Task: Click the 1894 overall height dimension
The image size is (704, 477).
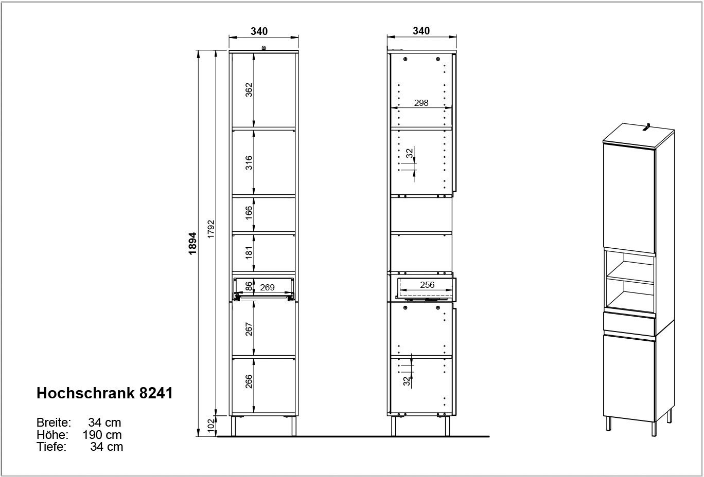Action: tap(192, 243)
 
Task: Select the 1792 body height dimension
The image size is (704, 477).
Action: tap(211, 229)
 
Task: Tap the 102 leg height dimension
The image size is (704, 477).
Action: tap(211, 426)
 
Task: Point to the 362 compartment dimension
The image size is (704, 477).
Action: tap(249, 90)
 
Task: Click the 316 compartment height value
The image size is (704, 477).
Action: tap(249, 163)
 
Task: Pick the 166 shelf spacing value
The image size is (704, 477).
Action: tap(249, 213)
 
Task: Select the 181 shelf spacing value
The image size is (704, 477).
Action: tap(249, 252)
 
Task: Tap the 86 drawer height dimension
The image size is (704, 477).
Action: tap(249, 286)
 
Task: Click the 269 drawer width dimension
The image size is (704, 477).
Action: tap(267, 287)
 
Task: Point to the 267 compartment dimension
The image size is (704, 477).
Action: tap(249, 329)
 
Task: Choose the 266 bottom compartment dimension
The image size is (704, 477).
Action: tap(249, 381)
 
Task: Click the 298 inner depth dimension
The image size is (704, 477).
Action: tap(421, 103)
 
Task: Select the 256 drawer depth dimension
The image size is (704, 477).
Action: tap(427, 285)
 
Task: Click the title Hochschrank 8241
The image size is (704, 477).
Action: tap(104, 393)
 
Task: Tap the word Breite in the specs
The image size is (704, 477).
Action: tap(54, 423)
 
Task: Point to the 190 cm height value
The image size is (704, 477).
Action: tap(102, 435)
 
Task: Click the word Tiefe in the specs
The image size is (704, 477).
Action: tap(51, 447)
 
